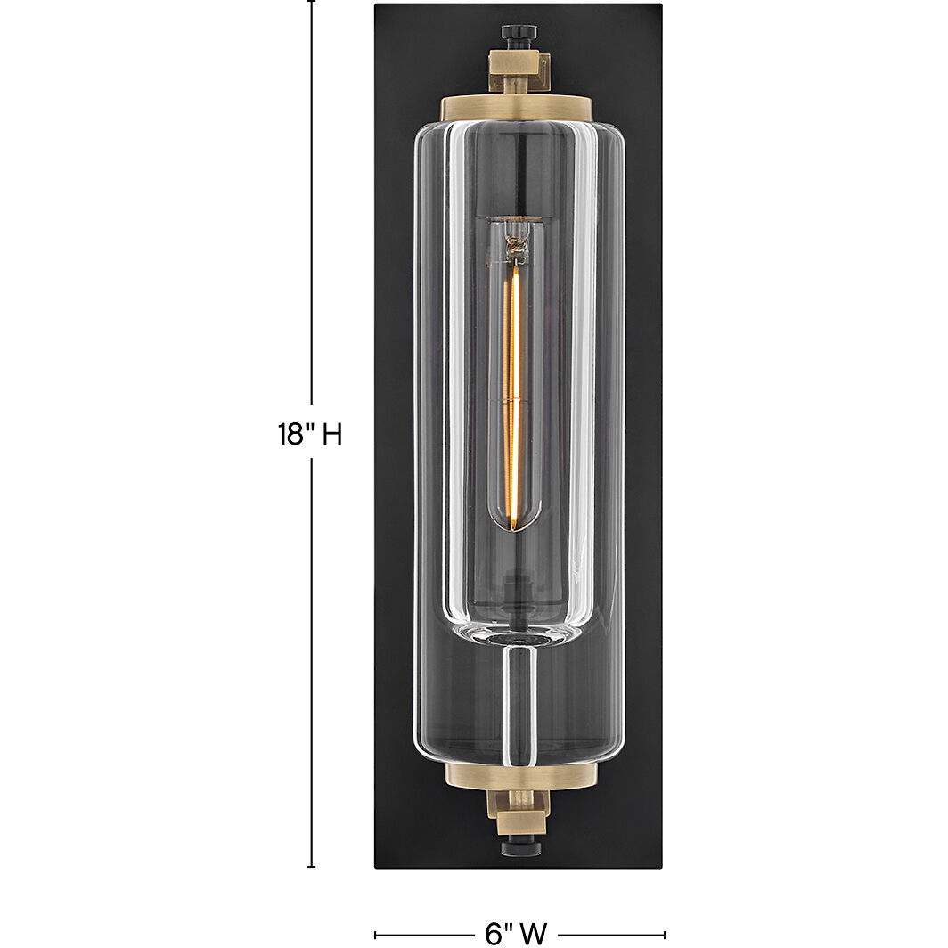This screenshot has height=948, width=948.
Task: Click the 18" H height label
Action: [x=310, y=434]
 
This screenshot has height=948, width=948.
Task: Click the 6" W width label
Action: [x=516, y=933]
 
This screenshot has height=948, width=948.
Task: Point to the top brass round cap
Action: [x=518, y=106]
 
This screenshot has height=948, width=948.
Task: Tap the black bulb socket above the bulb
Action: [x=517, y=178]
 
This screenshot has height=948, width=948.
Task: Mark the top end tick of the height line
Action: [x=311, y=2]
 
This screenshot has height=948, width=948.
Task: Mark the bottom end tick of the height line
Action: [x=311, y=866]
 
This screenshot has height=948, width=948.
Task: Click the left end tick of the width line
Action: [x=375, y=934]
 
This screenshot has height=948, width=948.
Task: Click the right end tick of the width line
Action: [x=664, y=934]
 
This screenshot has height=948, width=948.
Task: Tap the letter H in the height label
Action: [x=331, y=434]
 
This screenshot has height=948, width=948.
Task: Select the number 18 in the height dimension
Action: [x=290, y=434]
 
